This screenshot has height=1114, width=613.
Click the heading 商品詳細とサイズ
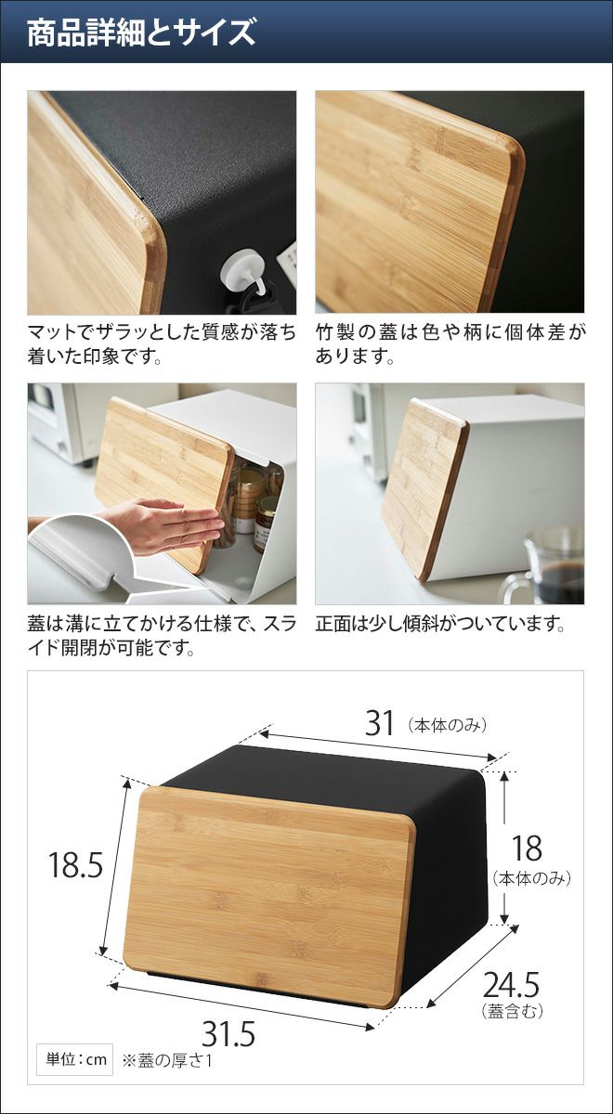click(x=141, y=32)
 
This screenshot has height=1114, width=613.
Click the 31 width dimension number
click(x=380, y=723)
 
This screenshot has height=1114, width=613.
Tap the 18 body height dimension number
click(x=527, y=848)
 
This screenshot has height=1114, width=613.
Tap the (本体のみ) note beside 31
click(x=447, y=726)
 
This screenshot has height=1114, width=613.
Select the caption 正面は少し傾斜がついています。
click(x=440, y=624)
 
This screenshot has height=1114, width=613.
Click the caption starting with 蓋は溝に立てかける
click(x=162, y=636)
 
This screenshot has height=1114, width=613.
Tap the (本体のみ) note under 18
click(x=531, y=878)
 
